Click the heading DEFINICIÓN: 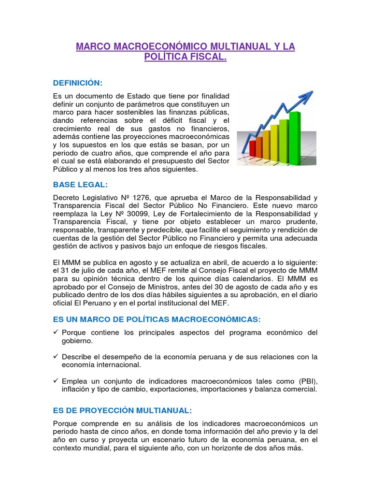pos(77,83)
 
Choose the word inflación pos(76,389)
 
